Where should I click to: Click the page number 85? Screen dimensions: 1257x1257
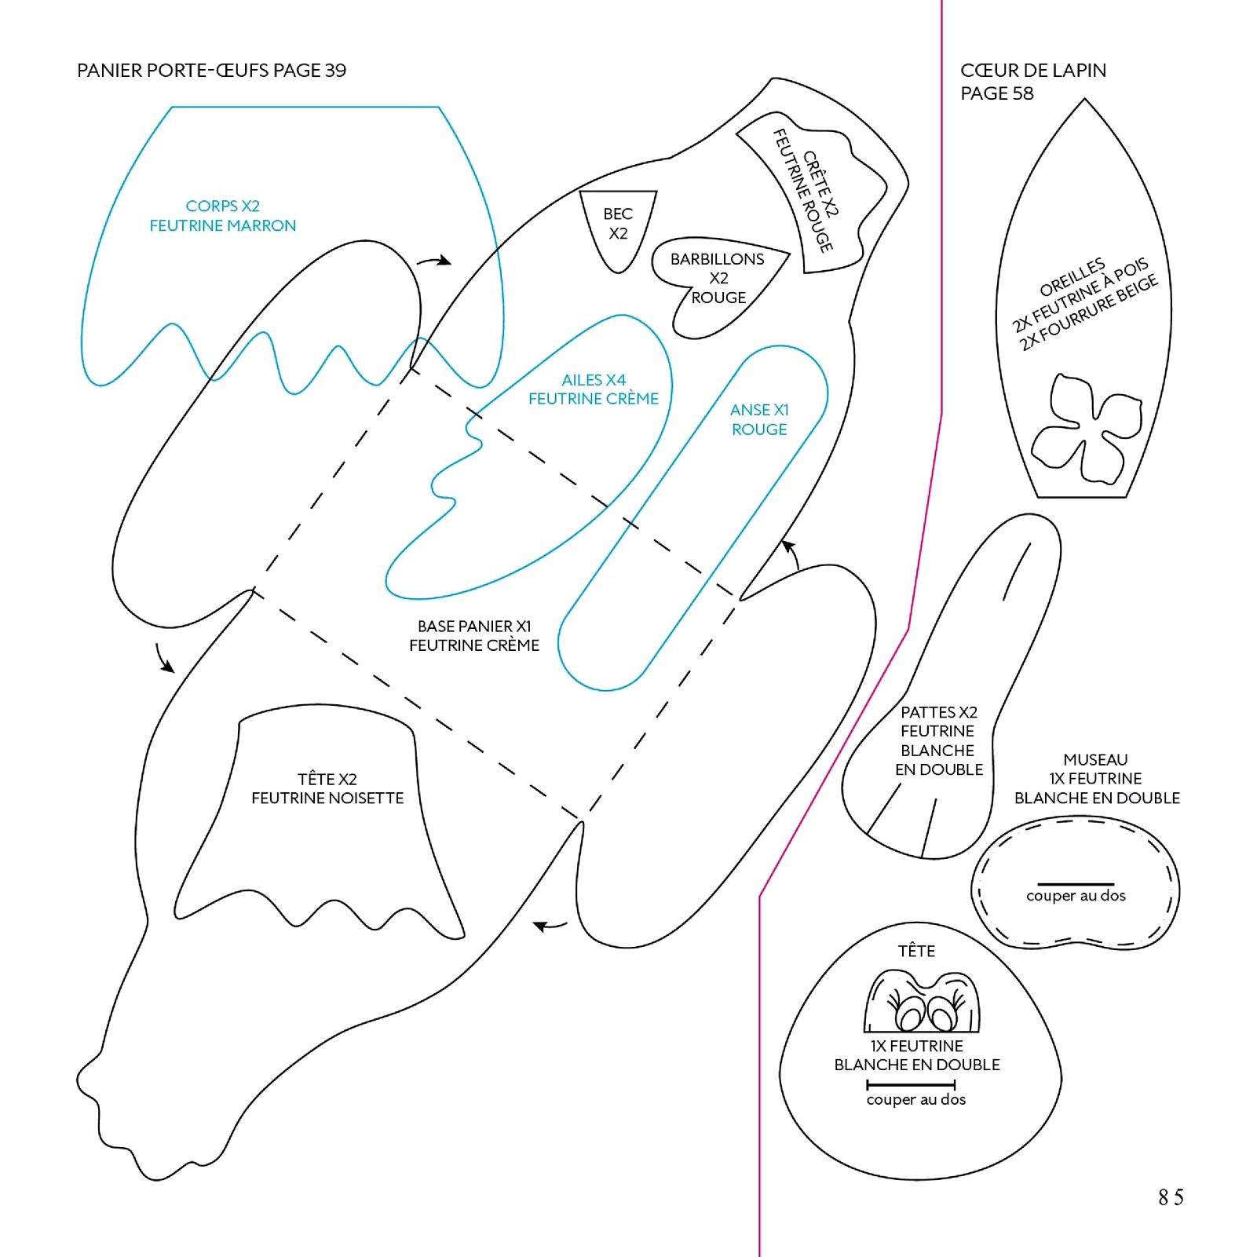(x=1170, y=1197)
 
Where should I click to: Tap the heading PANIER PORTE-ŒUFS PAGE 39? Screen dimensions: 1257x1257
(x=211, y=71)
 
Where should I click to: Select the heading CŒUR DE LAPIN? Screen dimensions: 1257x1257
(x=1032, y=71)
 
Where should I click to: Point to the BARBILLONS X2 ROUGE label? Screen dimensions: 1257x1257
(x=717, y=278)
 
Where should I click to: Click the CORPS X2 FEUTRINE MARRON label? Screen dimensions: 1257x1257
(x=223, y=216)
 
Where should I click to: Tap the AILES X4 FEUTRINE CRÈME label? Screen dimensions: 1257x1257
(x=594, y=389)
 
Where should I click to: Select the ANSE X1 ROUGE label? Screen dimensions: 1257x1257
(x=759, y=419)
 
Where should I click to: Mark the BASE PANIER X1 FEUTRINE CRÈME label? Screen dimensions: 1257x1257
(x=474, y=636)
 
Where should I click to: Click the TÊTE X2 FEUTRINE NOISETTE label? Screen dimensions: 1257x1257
(x=327, y=788)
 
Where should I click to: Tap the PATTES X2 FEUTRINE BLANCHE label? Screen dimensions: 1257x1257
(x=939, y=740)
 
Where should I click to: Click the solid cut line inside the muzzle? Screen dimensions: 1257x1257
(x=1076, y=884)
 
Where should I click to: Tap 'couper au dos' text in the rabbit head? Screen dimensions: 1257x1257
(x=915, y=1100)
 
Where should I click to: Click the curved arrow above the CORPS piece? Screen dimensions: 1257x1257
(x=434, y=260)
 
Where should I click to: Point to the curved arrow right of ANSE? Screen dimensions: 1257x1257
(x=791, y=552)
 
